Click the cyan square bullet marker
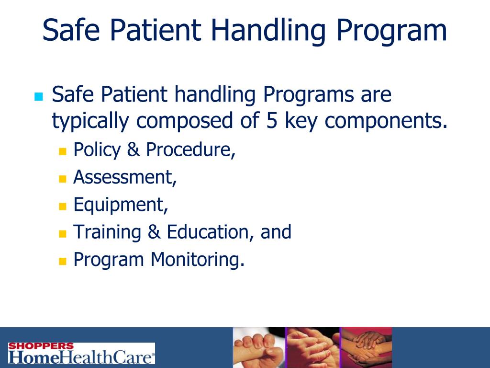coord(39,97)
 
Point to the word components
coord(386,122)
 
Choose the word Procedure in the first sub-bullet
coord(190,150)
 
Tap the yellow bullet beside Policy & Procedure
coord(62,152)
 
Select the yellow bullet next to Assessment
coord(62,180)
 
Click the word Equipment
coord(120,206)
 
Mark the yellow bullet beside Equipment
coord(62,207)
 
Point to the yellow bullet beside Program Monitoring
coord(62,262)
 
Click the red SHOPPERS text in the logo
coord(41,346)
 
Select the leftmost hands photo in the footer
coord(259,347)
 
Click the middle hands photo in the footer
coord(312,347)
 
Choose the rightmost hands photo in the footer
coord(366,347)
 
